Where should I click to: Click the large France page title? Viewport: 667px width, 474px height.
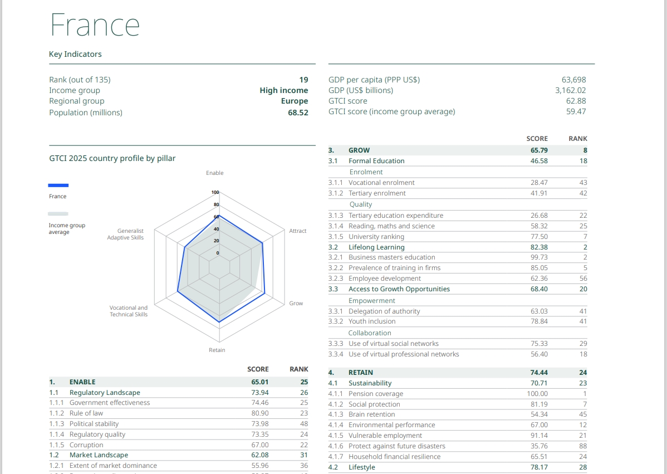(x=95, y=25)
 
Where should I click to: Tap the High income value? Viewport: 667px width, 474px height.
(x=283, y=90)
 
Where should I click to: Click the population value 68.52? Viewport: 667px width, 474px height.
(x=298, y=113)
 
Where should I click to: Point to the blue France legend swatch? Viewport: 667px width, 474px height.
(x=58, y=185)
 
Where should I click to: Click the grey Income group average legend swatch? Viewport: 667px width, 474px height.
(x=58, y=214)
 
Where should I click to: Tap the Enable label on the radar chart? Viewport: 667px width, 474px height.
(x=214, y=173)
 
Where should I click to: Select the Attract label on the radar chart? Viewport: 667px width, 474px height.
(x=298, y=231)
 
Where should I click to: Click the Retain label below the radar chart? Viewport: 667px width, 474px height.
(x=217, y=350)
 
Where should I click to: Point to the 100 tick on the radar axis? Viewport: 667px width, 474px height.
(x=215, y=192)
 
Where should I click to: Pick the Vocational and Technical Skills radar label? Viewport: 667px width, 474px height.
(x=129, y=311)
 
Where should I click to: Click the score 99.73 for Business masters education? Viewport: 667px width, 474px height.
(x=539, y=257)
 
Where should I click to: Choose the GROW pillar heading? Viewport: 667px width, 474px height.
(x=359, y=150)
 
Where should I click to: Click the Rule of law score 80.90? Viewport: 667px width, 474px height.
(x=259, y=413)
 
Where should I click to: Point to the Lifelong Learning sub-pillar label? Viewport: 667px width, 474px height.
(x=376, y=247)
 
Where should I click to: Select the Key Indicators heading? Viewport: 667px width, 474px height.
(x=75, y=54)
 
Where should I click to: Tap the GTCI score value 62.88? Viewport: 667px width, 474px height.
(x=576, y=101)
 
